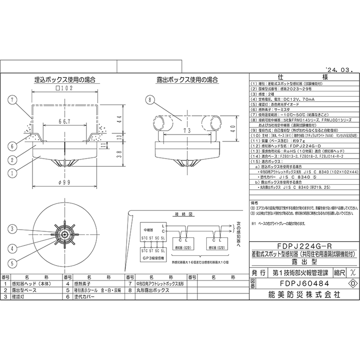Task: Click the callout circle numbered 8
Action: tap(149, 100)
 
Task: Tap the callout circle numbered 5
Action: tap(12, 262)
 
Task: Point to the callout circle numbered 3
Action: tap(12, 229)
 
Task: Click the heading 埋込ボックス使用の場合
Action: tap(65, 80)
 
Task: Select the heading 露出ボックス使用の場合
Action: tap(187, 80)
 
